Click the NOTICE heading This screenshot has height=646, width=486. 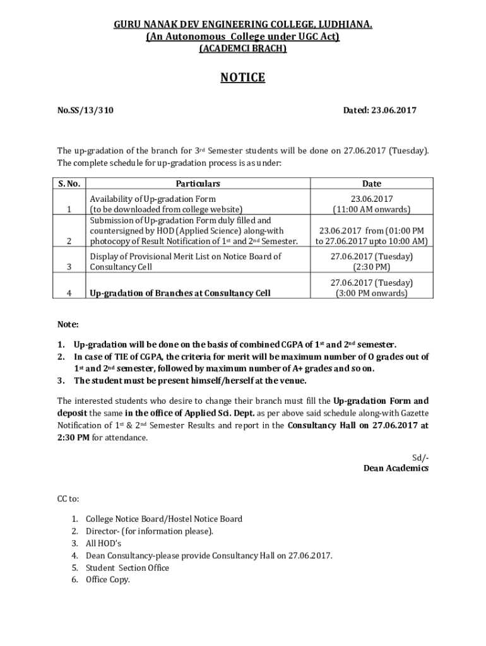tap(242, 78)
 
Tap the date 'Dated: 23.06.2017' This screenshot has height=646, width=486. tap(379, 110)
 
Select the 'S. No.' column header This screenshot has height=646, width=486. tap(69, 184)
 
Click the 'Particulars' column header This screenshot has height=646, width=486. tap(198, 184)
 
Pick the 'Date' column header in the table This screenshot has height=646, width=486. tap(372, 184)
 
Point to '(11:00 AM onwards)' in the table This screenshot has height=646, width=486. tap(372, 209)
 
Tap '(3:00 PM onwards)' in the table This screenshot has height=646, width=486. tap(372, 293)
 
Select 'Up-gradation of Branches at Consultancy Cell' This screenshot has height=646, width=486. tap(181, 293)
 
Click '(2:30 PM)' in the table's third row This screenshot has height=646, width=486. tap(372, 267)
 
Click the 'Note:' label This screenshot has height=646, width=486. tap(68, 324)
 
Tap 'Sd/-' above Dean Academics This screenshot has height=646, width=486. tap(420, 457)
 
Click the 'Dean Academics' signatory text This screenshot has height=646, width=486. tap(396, 468)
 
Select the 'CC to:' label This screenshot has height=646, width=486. tap(69, 498)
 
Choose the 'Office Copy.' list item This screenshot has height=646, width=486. tap(108, 580)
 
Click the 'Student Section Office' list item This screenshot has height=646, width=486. tap(127, 568)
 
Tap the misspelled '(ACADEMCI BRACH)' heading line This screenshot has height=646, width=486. tap(242, 49)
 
